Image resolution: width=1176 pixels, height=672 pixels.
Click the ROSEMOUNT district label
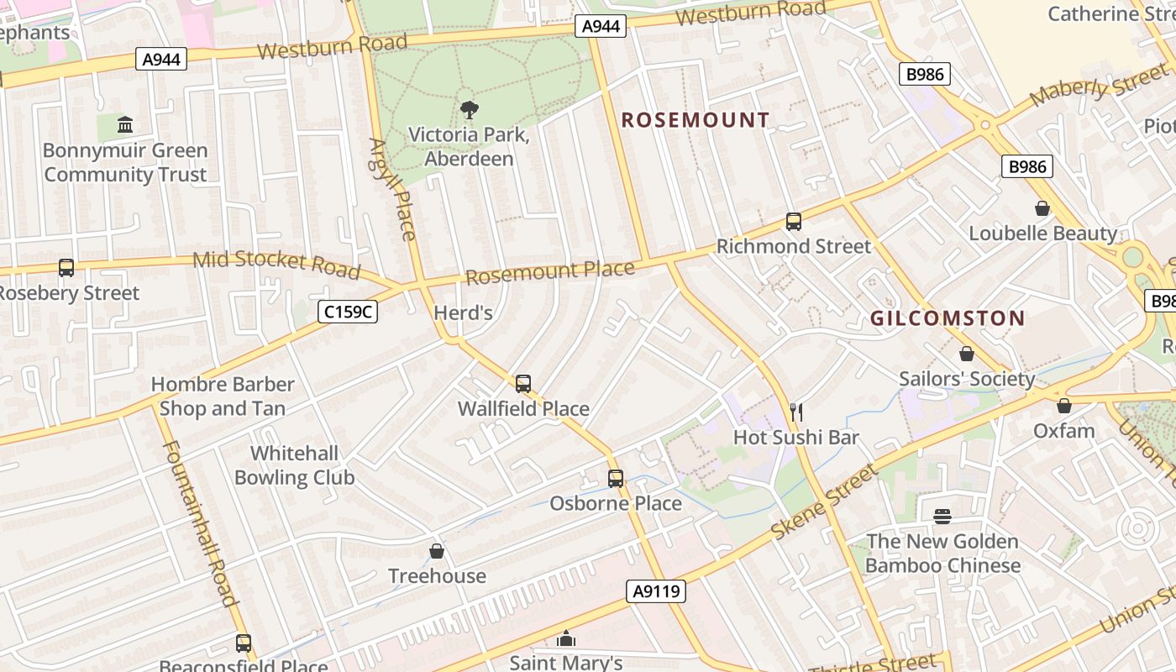point(695,120)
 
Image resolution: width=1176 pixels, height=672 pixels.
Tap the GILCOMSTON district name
point(947,318)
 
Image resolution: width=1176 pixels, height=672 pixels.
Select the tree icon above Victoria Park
point(469,109)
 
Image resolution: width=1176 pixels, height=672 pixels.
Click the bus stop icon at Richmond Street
point(793,222)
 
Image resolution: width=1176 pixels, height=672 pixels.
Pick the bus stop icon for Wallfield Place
point(522,384)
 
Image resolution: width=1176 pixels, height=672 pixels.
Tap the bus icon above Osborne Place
point(615,479)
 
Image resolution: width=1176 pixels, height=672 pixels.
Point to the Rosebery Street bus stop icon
point(66,268)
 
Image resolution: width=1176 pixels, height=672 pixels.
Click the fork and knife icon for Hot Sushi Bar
point(796,412)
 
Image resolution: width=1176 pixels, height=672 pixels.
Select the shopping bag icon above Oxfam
point(1063,406)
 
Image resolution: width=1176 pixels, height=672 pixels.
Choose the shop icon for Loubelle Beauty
point(1042,208)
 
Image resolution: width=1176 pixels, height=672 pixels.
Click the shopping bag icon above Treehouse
point(436,551)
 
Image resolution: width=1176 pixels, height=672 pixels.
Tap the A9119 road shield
point(656,591)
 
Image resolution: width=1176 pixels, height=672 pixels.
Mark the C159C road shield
point(348,312)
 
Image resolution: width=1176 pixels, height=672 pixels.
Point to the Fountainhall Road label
point(199,522)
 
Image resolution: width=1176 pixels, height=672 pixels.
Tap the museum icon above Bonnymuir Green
point(125,125)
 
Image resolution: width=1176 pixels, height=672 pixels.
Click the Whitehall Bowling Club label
point(294,465)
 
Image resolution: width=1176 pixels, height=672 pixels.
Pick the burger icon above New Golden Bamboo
point(942,516)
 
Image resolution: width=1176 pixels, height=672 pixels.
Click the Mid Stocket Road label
point(276,264)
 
